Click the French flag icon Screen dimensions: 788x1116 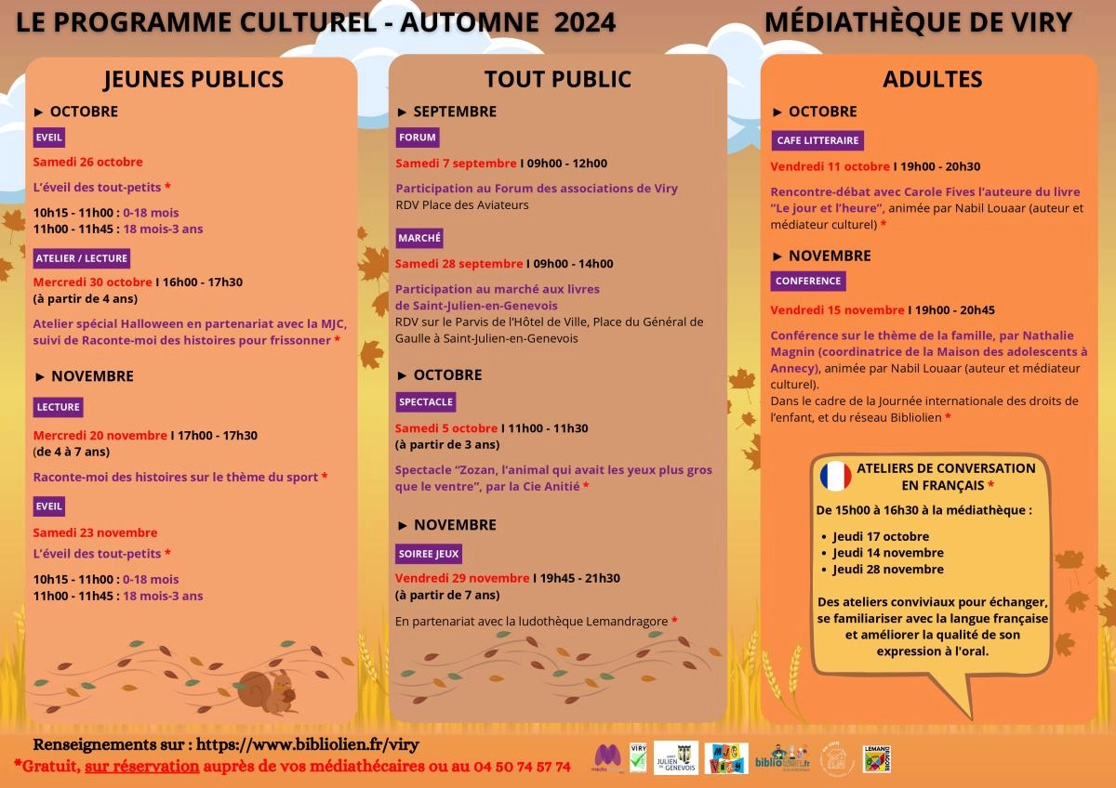(835, 476)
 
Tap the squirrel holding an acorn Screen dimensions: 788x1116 (268, 689)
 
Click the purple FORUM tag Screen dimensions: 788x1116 (417, 138)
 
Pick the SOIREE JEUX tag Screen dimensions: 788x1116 (429, 553)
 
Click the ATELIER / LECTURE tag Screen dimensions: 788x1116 (82, 257)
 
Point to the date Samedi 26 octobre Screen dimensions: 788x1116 (87, 162)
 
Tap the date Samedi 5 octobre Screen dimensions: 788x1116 (446, 428)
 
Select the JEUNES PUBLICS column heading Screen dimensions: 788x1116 (193, 79)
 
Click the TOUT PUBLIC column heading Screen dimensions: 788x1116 (557, 80)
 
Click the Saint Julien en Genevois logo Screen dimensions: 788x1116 (676, 756)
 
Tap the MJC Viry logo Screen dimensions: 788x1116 (726, 757)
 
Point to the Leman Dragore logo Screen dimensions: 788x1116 (877, 757)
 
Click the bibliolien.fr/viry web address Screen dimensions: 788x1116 (307, 744)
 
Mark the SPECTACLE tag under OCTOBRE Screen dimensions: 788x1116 (425, 402)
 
